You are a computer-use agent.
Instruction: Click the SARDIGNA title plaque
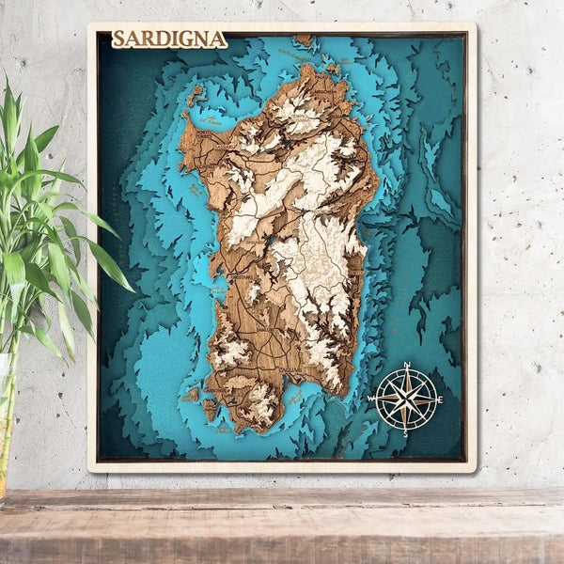coord(169,39)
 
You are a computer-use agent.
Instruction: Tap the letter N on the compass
coord(407,365)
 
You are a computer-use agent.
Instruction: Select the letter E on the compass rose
coord(441,399)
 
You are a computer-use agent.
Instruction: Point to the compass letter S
coord(406,433)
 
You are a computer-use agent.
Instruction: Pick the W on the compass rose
coord(372,399)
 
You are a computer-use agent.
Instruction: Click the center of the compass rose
coord(406,399)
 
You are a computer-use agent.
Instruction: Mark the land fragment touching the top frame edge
coord(304,39)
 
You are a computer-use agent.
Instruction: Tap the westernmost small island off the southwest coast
coord(192,394)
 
